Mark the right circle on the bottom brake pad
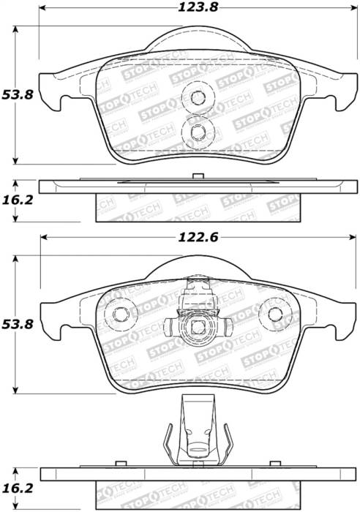tap(276, 315)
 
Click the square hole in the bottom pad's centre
tap(196, 326)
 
